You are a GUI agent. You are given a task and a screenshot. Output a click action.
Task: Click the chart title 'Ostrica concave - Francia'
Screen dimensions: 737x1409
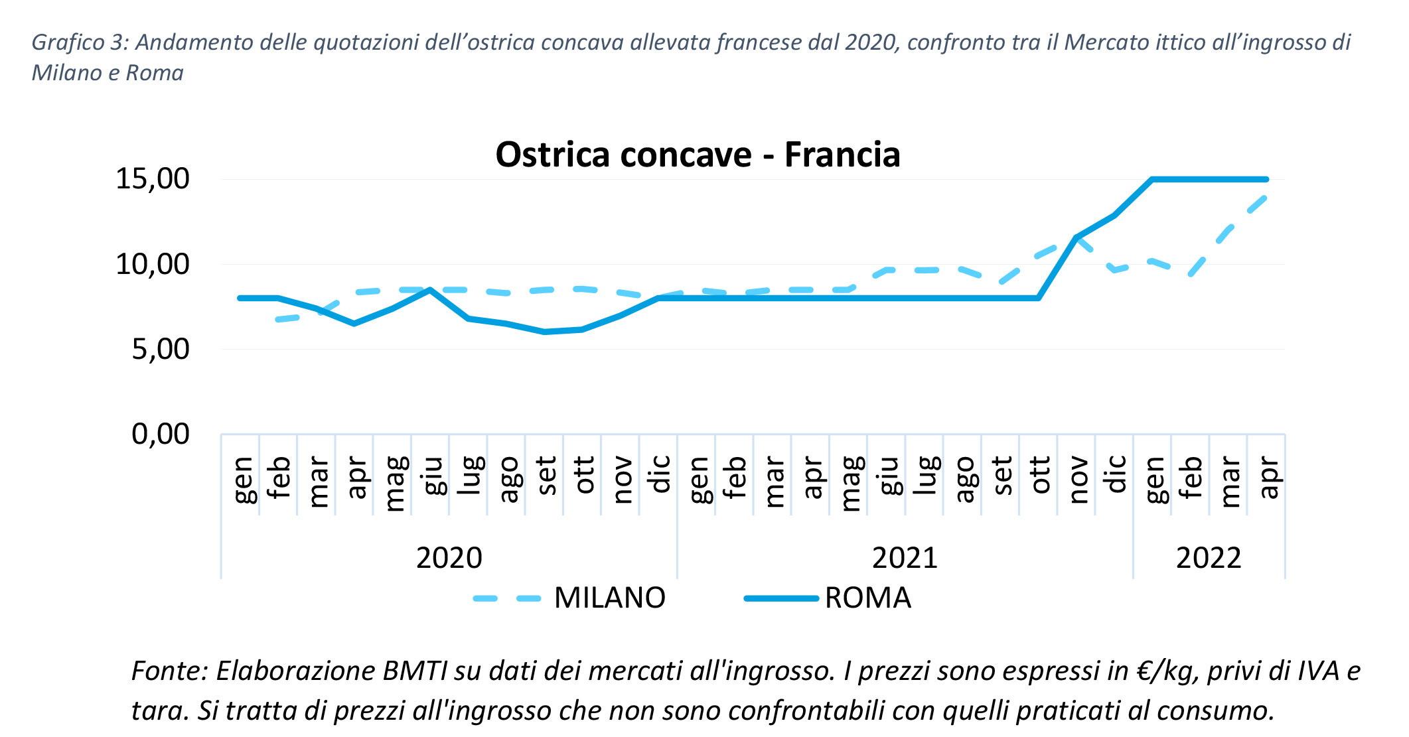[698, 155]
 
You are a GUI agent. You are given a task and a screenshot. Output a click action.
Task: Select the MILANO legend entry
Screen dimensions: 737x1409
[609, 598]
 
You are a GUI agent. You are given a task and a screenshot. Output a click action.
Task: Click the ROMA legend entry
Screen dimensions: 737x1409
[867, 598]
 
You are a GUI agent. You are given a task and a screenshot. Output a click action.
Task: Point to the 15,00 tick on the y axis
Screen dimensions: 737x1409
[153, 179]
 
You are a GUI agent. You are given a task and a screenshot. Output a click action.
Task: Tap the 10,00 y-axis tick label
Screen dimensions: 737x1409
[153, 264]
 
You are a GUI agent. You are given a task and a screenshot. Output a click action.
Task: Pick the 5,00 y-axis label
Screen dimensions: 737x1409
[161, 349]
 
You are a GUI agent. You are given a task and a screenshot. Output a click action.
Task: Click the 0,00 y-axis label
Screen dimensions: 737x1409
[161, 434]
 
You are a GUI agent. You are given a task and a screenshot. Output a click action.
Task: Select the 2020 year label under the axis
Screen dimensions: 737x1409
[449, 558]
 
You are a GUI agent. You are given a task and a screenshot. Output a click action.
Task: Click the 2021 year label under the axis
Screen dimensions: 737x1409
[905, 558]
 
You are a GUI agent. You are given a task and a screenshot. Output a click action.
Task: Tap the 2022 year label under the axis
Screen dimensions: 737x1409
[1209, 558]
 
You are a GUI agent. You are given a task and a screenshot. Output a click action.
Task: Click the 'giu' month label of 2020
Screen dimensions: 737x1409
[431, 475]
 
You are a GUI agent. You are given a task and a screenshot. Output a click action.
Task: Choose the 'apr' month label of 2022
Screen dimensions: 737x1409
[1267, 477]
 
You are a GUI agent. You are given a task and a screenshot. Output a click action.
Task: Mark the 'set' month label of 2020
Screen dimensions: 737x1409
[545, 476]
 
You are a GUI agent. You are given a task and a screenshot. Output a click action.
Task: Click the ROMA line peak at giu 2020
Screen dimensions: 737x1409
[430, 290]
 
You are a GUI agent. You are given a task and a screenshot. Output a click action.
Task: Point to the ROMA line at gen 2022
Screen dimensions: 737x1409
[1152, 179]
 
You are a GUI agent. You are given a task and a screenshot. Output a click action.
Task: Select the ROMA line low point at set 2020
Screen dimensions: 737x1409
[544, 332]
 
